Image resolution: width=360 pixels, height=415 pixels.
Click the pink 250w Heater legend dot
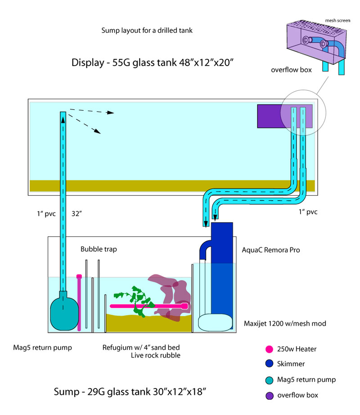[x=270, y=348]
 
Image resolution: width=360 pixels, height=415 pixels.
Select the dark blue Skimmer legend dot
[x=270, y=364]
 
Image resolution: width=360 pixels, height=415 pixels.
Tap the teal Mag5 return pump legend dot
[x=270, y=379]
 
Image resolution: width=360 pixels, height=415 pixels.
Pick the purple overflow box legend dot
[x=270, y=395]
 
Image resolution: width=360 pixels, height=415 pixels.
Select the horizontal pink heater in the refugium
[x=148, y=306]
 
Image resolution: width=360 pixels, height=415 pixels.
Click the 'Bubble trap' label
[x=99, y=249]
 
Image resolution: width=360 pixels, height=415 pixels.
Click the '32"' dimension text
[x=76, y=214]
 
